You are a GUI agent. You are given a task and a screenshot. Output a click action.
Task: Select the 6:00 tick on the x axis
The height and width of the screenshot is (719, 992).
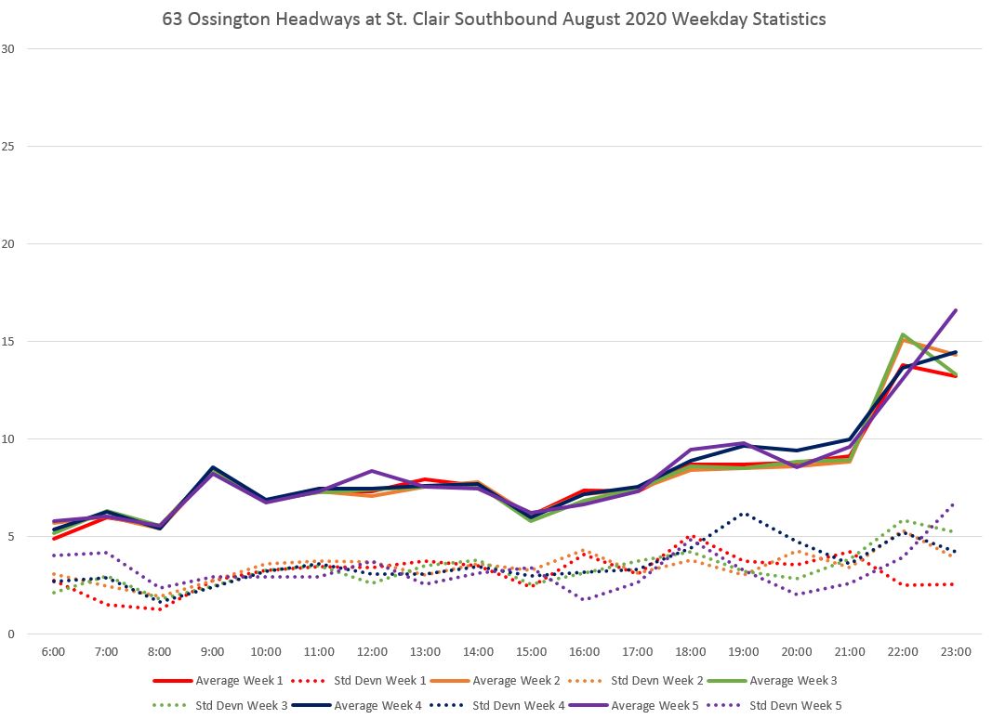tap(53, 652)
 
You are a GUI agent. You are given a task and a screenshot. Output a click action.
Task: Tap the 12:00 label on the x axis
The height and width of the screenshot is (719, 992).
tap(372, 652)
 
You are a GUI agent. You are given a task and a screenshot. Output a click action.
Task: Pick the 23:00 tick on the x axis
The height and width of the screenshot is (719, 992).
tap(956, 652)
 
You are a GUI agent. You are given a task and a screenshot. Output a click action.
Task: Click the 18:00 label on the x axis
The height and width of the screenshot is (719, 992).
tap(691, 652)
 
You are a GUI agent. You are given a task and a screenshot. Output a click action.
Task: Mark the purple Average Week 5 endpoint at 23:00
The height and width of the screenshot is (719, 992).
tap(956, 310)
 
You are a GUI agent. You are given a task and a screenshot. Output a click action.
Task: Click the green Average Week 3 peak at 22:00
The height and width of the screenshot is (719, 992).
tap(903, 334)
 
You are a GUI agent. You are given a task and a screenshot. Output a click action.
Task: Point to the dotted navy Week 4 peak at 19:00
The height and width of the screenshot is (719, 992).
tap(744, 513)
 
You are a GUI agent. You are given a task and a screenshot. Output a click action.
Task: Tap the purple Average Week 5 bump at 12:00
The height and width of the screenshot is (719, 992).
tap(372, 471)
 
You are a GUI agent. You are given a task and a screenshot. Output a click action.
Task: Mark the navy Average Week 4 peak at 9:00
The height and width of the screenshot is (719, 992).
tap(213, 467)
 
